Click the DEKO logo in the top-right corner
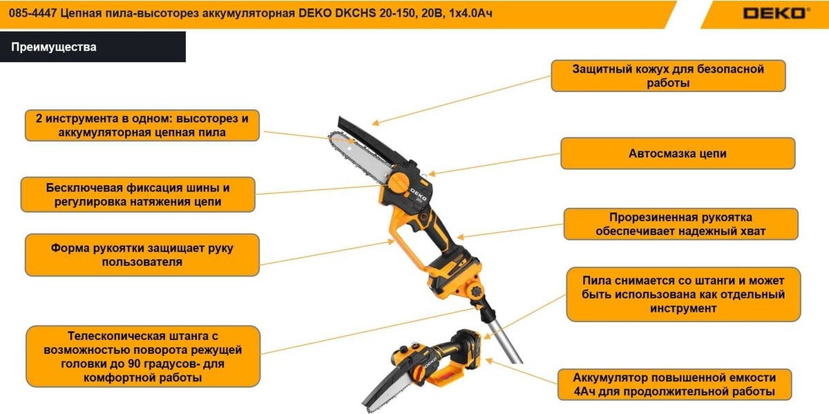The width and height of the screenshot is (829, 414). click(x=776, y=13)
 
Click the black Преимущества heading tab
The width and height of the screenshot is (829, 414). click(x=93, y=47)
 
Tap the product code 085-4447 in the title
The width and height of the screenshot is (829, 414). click(x=32, y=13)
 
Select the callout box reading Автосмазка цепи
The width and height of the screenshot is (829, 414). click(x=678, y=153)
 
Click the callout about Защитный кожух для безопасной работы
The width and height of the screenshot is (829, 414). click(x=668, y=75)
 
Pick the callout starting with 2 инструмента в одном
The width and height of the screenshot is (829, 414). click(x=142, y=125)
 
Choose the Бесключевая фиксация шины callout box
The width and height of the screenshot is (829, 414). click(x=137, y=194)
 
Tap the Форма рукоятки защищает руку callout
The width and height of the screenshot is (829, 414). click(x=142, y=255)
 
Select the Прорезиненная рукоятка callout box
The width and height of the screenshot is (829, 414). click(x=681, y=224)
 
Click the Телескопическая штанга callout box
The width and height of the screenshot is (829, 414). click(x=143, y=356)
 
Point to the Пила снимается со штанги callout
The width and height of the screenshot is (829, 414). click(x=683, y=294)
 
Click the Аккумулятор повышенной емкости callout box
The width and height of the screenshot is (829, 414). click(x=674, y=384)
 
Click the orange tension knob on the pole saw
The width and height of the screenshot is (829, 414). click(x=399, y=183)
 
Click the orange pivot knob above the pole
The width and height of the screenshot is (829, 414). click(x=475, y=290)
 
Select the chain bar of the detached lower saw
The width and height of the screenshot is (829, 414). click(x=386, y=395)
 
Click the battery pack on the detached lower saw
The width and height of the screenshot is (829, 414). click(x=468, y=348)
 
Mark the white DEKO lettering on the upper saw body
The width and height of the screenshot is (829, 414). click(x=418, y=194)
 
